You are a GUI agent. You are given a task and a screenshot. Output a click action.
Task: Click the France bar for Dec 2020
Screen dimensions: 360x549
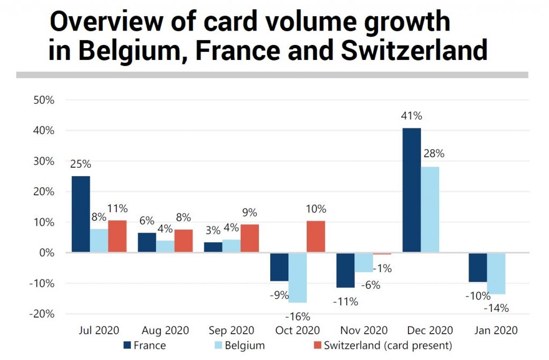[412, 190]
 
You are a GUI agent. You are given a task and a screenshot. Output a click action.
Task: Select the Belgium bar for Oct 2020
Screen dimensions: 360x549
[298, 277]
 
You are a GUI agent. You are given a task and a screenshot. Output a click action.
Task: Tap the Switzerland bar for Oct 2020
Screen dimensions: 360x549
[315, 236]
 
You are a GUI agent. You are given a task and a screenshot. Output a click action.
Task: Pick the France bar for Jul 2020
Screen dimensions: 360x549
[81, 214]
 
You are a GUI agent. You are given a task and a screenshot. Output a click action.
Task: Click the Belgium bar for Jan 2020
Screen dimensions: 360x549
[496, 273]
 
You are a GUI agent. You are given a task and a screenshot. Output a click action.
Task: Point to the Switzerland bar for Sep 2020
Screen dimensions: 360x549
[249, 238]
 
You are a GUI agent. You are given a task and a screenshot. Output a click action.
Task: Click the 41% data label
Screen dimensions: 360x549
[411, 116]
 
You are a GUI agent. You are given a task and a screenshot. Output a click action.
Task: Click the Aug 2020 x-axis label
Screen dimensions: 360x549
[166, 330]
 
